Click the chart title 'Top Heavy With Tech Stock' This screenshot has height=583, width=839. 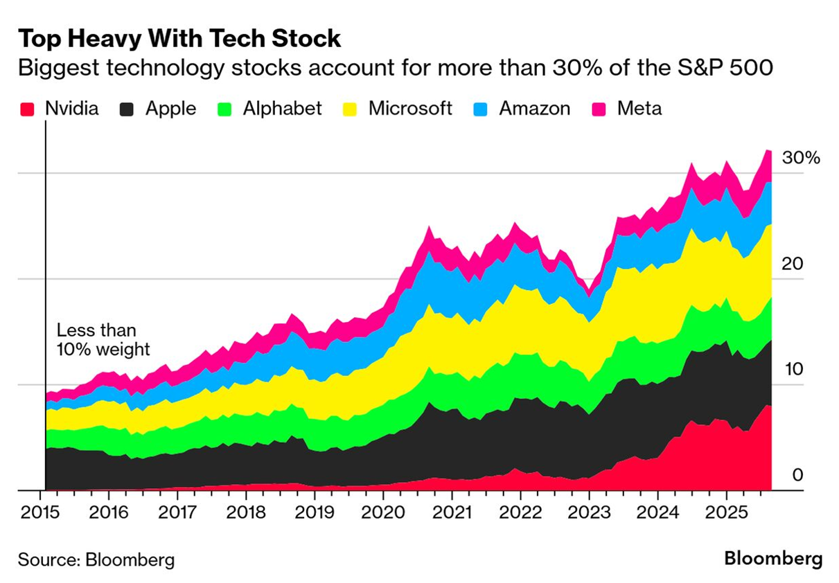pos(179,39)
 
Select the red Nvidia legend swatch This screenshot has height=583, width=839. pos(27,109)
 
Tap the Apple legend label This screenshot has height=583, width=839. pos(170,109)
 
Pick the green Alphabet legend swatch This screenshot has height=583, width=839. pos(224,109)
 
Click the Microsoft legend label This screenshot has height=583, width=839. pos(410,109)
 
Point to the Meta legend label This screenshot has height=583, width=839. pos(639,109)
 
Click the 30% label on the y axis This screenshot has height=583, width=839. pos(800,158)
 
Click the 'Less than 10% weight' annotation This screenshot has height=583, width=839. pos(103,340)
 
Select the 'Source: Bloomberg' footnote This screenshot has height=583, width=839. pos(96,560)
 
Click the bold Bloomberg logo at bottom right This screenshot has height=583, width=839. pos(773,559)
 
